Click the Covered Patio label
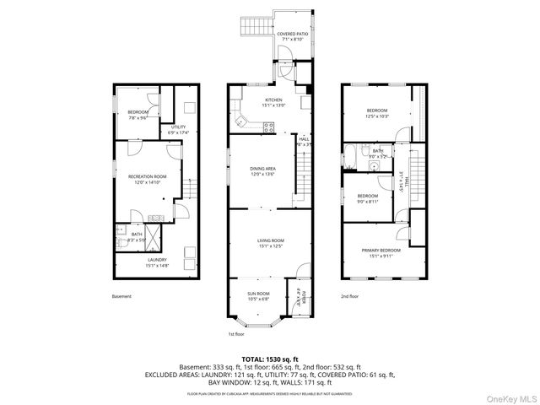click(x=287, y=36)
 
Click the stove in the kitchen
click(x=269, y=127)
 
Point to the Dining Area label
click(x=262, y=172)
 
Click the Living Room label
click(x=271, y=243)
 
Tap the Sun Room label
click(x=258, y=295)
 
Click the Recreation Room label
click(x=148, y=179)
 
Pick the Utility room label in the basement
click(x=178, y=129)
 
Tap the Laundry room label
click(x=158, y=262)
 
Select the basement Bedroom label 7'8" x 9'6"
click(x=138, y=116)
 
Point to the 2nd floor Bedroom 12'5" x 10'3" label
click(x=377, y=113)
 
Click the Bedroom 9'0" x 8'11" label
click(x=367, y=198)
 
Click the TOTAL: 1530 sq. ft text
click(x=269, y=359)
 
